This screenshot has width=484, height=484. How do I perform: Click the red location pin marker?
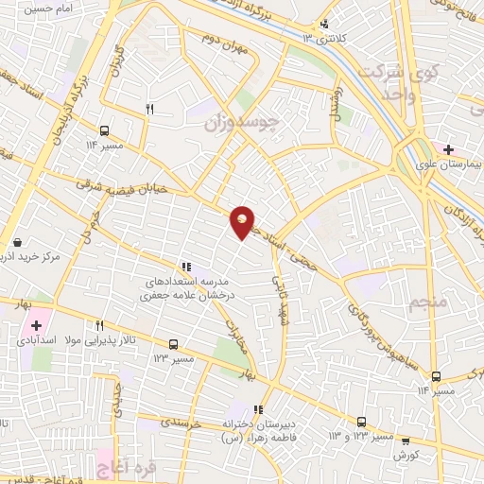pyautogui.click(x=243, y=223)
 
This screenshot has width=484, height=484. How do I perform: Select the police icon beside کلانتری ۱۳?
pyautogui.click(x=326, y=25)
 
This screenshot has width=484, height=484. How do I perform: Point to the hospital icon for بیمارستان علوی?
pyautogui.click(x=448, y=148)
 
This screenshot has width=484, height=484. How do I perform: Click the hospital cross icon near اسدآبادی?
pyautogui.click(x=35, y=325)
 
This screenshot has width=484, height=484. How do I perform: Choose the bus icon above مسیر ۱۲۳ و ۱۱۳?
pyautogui.click(x=361, y=422)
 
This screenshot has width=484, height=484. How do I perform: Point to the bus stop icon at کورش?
pyautogui.click(x=406, y=440)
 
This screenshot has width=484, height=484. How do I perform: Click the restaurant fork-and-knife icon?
pyautogui.click(x=149, y=111)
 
